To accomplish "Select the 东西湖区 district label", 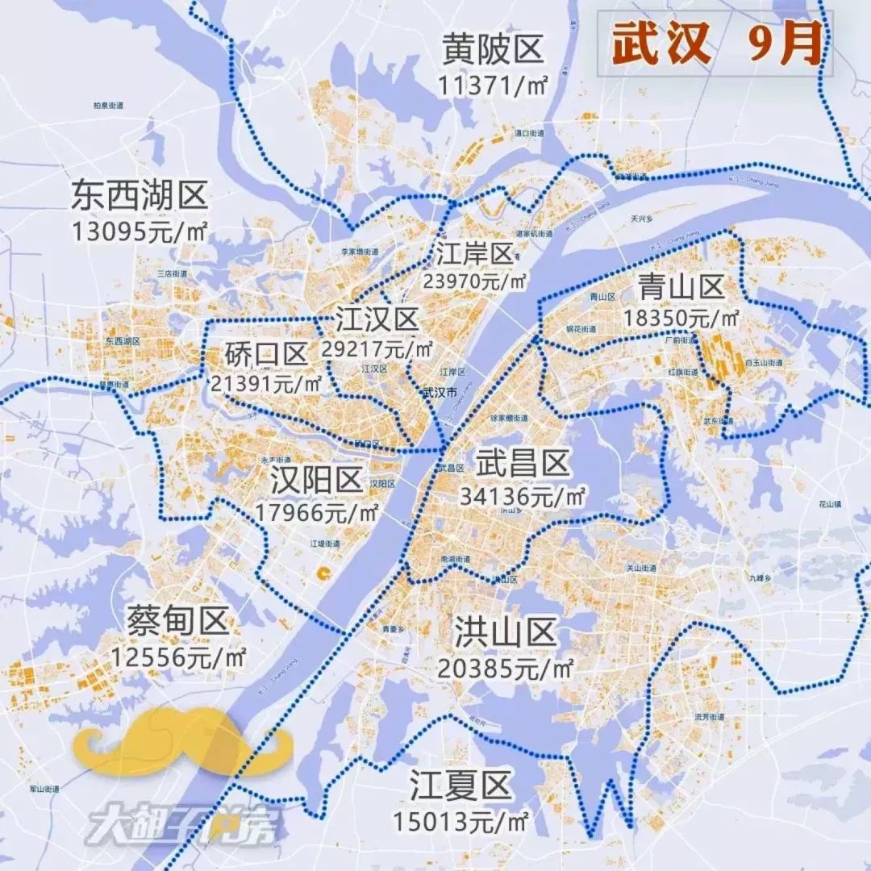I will [139, 196].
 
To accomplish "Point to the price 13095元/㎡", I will [139, 232].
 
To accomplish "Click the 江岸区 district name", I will [474, 254].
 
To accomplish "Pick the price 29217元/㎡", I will [377, 350].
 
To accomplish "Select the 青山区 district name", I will [681, 286].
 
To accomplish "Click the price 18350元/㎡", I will [681, 319].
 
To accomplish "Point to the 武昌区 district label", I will [523, 465].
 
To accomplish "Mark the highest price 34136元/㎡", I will [523, 498].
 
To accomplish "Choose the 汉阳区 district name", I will [317, 481].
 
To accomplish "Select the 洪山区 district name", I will [506, 632].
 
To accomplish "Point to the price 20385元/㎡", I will [506, 668].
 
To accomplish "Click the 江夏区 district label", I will [461, 785].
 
